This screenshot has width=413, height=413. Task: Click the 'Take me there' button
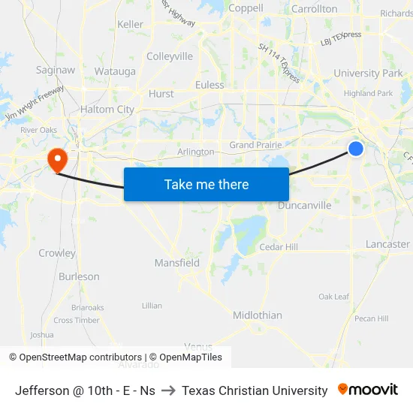tap(206, 184)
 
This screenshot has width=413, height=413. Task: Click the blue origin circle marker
tap(356, 149)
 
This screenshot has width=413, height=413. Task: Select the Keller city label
tap(130, 24)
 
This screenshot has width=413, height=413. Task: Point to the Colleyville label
tap(170, 56)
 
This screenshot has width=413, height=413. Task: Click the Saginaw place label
tap(56, 70)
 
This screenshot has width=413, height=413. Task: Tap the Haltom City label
tap(107, 110)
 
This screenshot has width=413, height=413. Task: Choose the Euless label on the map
tap(210, 85)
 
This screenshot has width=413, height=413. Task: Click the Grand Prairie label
tap(255, 145)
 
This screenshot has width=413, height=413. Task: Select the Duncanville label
tap(304, 205)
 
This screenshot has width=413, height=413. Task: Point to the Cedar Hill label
tap(279, 247)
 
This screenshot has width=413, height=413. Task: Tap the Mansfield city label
tap(177, 263)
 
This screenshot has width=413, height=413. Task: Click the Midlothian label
tap(258, 315)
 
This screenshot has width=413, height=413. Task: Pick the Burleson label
tap(79, 276)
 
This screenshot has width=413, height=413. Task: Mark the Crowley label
tap(57, 253)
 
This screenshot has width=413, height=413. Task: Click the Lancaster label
tap(387, 244)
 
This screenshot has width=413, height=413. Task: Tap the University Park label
tap(368, 74)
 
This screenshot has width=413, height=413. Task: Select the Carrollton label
tap(313, 9)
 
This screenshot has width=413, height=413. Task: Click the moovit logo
tap(368, 390)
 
